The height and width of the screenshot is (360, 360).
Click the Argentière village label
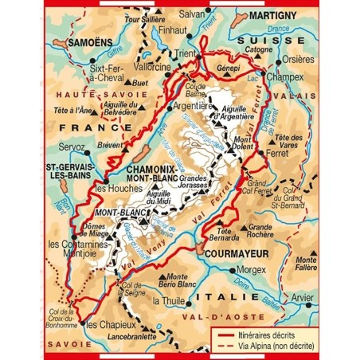coord(194,104)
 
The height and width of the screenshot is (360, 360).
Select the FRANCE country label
coord(78,127)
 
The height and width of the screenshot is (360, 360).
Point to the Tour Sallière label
coord(143,17)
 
